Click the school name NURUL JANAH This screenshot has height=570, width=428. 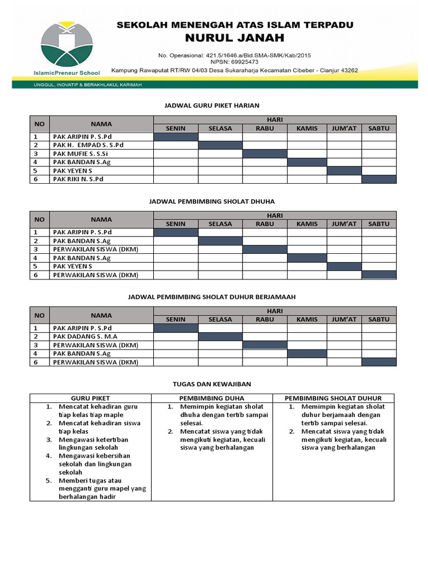pyautogui.click(x=234, y=38)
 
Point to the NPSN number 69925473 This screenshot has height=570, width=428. pyautogui.click(x=234, y=63)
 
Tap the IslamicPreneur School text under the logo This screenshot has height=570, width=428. pyautogui.click(x=70, y=72)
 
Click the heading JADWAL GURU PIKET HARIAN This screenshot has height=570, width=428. pyautogui.click(x=212, y=105)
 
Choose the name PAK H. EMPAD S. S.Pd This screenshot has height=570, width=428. pyautogui.click(x=87, y=145)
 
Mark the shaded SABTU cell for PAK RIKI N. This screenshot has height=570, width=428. pyautogui.click(x=379, y=179)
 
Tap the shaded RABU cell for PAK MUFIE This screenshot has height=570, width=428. pyautogui.click(x=265, y=154)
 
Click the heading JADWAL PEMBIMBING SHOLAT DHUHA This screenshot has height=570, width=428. pyautogui.click(x=212, y=201)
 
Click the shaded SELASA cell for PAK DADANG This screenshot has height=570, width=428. pyautogui.click(x=220, y=336)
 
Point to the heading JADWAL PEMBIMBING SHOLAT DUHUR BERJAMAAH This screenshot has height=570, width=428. pyautogui.click(x=212, y=297)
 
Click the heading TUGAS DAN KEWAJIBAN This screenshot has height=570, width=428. pyautogui.click(x=212, y=384)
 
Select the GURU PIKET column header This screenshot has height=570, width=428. pyautogui.click(x=91, y=398)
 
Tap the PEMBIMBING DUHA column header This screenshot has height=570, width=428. pyautogui.click(x=212, y=398)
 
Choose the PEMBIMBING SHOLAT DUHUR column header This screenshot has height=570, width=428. pyautogui.click(x=333, y=398)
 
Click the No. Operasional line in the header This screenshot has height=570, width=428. pyautogui.click(x=234, y=56)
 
